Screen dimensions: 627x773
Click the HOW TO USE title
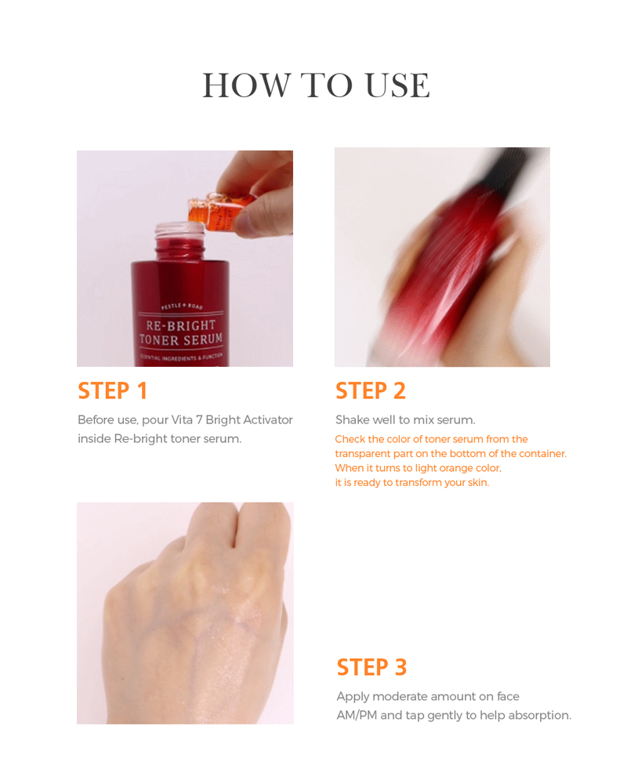tap(316, 85)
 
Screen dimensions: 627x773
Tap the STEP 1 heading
tap(112, 390)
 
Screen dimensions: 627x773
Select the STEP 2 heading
tap(370, 390)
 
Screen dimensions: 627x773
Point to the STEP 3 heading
tap(371, 667)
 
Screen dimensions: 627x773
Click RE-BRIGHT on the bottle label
tap(181, 325)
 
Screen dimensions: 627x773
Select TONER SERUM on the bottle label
tap(181, 339)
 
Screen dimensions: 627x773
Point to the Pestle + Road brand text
tap(182, 307)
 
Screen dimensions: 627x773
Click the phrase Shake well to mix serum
tap(405, 419)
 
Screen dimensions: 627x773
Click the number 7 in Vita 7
tap(198, 419)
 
